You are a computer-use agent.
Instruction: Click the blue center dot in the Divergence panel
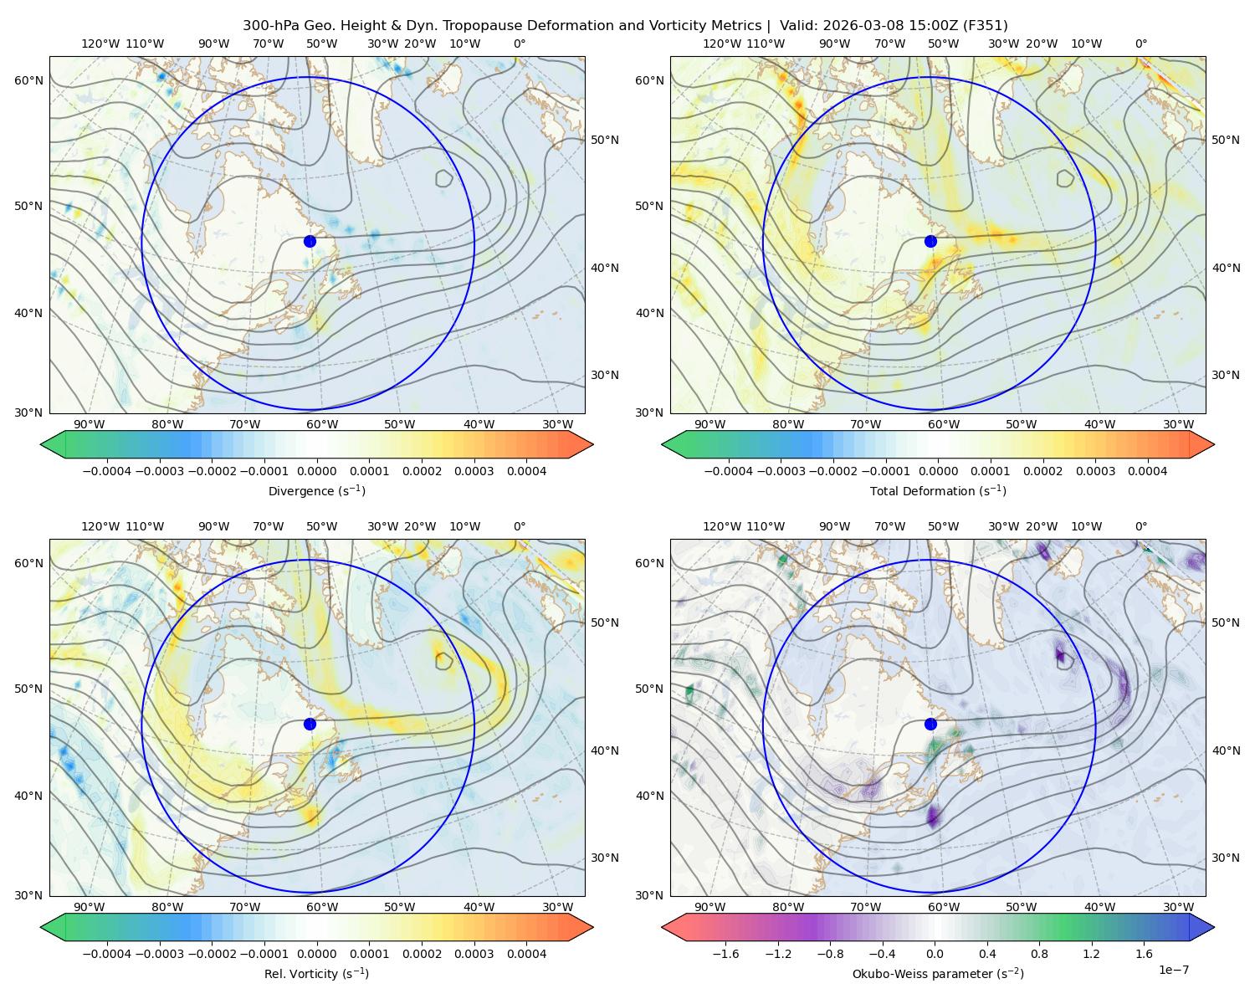310,241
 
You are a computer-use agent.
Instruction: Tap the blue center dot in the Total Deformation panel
930,241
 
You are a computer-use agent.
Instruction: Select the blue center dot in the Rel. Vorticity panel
310,724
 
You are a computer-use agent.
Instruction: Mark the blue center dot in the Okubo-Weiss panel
930,724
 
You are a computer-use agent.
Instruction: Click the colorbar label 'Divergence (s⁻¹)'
316,491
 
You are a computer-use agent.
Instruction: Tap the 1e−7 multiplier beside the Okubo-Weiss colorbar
1173,970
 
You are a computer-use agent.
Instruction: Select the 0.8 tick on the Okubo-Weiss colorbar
1040,954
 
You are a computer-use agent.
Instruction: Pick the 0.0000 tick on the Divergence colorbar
316,471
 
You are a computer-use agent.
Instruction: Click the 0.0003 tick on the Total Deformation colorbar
1095,471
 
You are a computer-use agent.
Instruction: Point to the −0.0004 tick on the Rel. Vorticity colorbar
107,954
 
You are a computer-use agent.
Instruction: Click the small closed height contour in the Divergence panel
444,178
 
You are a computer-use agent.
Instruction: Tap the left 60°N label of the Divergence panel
28,80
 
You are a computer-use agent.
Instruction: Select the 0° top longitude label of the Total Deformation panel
1141,44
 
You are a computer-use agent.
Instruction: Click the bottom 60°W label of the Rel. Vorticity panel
322,907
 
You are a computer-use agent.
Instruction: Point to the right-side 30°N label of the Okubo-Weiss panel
1225,858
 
